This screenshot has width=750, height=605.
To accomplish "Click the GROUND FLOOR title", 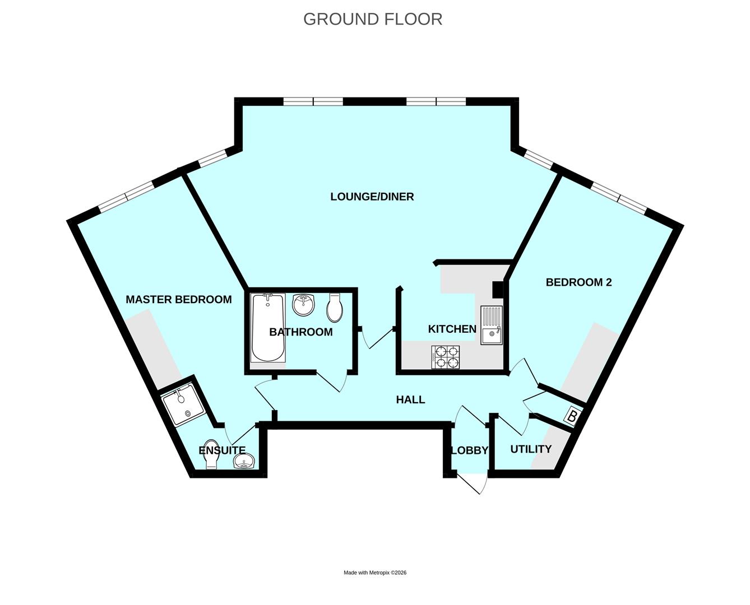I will point(373,19).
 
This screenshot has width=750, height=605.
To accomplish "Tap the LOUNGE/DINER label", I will point(372,197).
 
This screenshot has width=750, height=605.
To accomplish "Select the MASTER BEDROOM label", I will point(178,300).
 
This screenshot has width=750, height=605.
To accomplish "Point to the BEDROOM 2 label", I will point(578,282).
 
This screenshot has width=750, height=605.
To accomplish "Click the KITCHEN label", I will point(452,329).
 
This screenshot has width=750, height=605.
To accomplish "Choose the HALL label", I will point(410,399).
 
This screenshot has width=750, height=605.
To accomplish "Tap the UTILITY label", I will point(530,449).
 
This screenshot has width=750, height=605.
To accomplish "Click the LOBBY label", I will point(469,450).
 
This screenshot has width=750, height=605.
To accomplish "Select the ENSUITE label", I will point(222,450).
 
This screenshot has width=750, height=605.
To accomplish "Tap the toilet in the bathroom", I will point(335,308).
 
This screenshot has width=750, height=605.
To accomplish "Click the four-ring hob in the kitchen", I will point(446,357).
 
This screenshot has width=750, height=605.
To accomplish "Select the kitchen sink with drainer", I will point(492,327).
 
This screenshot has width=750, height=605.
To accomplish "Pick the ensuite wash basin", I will point(245,462).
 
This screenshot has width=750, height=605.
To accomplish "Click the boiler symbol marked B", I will point(572,417).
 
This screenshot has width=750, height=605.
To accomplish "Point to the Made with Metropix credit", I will point(375,573).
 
